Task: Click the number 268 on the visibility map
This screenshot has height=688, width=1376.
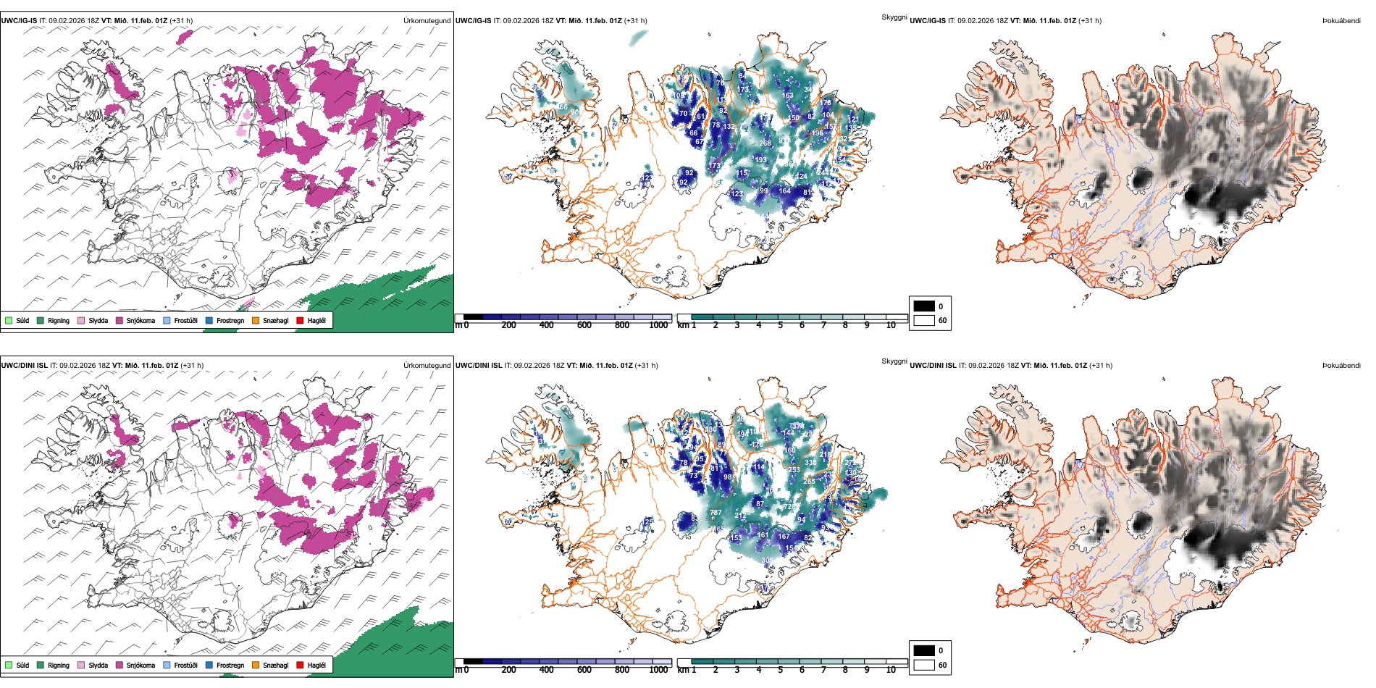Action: coord(765,143)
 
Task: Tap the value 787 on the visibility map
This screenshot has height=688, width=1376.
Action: coord(716,513)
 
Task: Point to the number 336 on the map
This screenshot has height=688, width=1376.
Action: coord(810,463)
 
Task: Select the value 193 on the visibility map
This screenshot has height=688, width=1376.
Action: coord(760,160)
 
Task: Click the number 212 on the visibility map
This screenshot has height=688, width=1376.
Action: coord(740,516)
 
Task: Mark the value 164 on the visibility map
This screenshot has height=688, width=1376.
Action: coord(784,191)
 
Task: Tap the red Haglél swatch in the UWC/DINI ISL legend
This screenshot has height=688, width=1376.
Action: coord(300,665)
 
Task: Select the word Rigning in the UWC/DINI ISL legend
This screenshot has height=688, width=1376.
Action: coord(59,666)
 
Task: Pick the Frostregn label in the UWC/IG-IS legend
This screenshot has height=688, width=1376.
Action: coord(230,321)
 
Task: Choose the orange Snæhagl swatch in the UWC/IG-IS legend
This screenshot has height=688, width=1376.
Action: coord(256,321)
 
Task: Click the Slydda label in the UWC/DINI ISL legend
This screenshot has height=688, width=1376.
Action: coord(98,666)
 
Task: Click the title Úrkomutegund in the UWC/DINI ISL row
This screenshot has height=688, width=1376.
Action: coord(427,366)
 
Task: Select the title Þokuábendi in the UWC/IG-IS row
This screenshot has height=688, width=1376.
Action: coord(1341,21)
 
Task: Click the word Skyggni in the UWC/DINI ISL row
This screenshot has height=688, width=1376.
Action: coord(894,361)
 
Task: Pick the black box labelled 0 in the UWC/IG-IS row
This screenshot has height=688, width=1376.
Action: coord(924,306)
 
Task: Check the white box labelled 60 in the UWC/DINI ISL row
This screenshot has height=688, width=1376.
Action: coord(924,665)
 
